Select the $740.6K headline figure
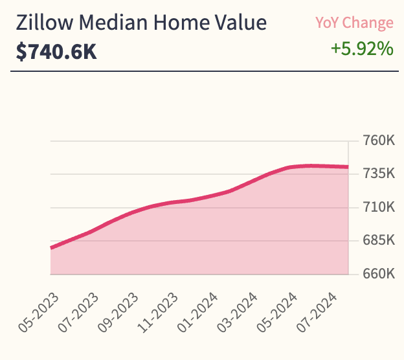56,51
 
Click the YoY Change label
354,23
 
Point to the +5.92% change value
362,49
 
